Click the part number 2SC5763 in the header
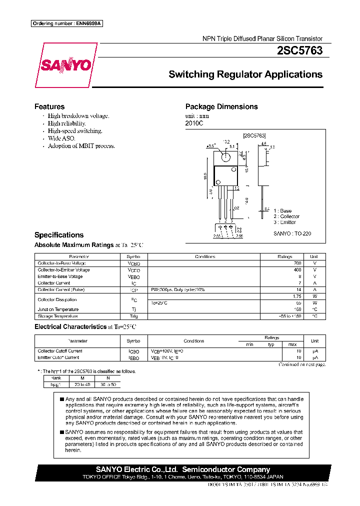pyautogui.click(x=299, y=50)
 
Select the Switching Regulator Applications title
pyautogui.click(x=245, y=74)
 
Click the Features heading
pyautogui.click(x=49, y=106)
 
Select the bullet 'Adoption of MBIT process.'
pyautogui.click(x=81, y=146)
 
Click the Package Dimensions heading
pyautogui.click(x=221, y=106)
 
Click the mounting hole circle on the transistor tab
pyautogui.click(x=226, y=157)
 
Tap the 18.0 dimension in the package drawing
pyautogui.click(x=205, y=176)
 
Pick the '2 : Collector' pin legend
pyautogui.click(x=286, y=216)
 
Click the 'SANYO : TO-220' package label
pyautogui.click(x=292, y=233)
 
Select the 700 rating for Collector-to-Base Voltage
pyautogui.click(x=297, y=263)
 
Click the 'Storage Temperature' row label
pyautogui.click(x=58, y=316)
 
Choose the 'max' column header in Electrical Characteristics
pyautogui.click(x=292, y=344)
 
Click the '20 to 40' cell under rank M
pyautogui.click(x=82, y=384)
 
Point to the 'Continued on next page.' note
pyautogui.click(x=301, y=364)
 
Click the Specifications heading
pyautogui.click(x=59, y=235)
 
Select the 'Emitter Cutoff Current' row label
pyautogui.click(x=58, y=357)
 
